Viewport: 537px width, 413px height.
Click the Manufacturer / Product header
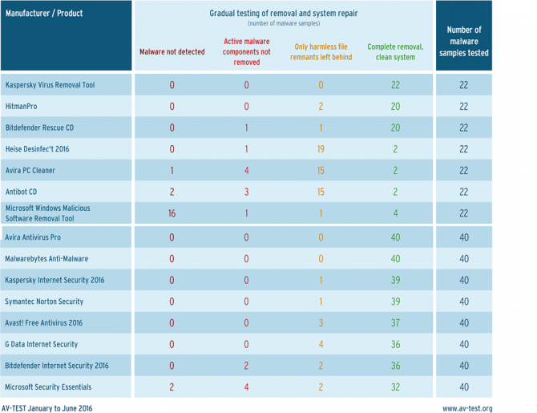pos(44,14)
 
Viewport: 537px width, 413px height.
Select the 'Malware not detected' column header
pos(172,52)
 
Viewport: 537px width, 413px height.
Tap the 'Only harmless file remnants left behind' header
pos(321,52)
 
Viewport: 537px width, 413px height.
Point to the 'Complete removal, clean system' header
pos(395,52)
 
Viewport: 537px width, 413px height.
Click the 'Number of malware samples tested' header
pos(464,41)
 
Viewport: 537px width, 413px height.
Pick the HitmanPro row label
pos(21,106)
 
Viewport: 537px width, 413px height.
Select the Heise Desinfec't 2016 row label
pos(38,149)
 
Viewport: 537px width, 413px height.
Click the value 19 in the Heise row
pos(321,149)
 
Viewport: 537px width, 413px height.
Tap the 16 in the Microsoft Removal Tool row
pos(172,213)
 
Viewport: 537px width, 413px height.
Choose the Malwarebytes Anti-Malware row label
pos(46,259)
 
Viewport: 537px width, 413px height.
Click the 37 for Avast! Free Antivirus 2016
pos(396,323)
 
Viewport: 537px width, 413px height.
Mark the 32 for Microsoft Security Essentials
pos(396,387)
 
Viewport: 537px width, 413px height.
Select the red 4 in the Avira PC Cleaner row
pos(247,170)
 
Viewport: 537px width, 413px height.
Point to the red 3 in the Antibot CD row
pos(247,192)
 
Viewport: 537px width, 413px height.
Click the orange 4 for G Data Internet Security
pos(321,344)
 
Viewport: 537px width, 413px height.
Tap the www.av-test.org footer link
pos(467,408)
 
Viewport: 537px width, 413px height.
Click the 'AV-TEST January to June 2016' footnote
pos(47,408)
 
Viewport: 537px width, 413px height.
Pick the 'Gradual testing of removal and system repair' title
pos(284,14)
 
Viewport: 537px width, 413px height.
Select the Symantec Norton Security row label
pos(44,302)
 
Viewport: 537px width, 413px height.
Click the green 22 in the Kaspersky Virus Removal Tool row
pos(396,85)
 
